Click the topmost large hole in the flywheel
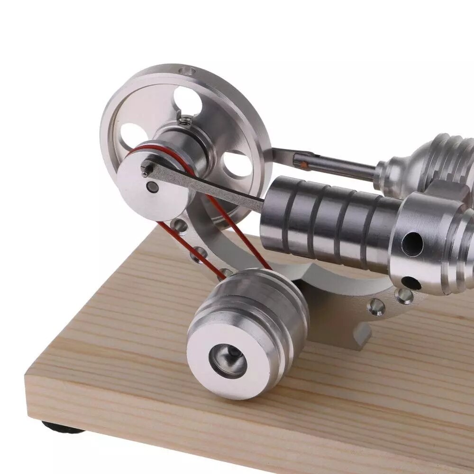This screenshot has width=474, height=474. tap(187, 100)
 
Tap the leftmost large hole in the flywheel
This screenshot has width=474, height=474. tap(131, 135)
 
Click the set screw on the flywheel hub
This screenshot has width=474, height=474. tap(185, 120)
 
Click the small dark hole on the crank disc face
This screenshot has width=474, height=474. tap(153, 187)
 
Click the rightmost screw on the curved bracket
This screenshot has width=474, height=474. tap(403, 296)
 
